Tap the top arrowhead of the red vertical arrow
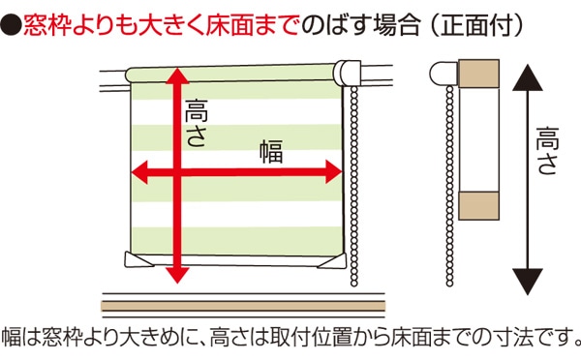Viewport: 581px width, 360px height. coord(175,75)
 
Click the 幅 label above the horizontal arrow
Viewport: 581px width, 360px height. coord(269,150)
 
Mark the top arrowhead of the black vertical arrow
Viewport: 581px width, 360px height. coord(527,75)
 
